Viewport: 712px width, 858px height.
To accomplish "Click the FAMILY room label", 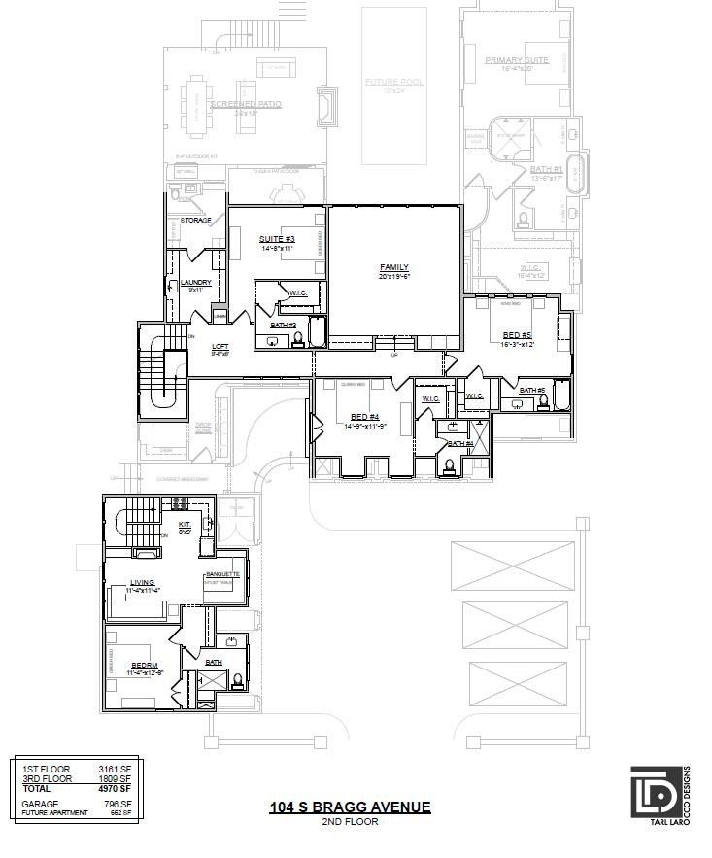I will point(393,267).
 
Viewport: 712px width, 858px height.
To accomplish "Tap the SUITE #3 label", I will point(277,239).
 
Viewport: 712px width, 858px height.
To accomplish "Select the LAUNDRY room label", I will point(196,284).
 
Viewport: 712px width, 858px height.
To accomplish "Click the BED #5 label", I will point(518,335).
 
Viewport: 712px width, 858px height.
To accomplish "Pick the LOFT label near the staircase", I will point(220,346).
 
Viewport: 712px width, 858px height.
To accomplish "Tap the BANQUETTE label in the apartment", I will point(222,574).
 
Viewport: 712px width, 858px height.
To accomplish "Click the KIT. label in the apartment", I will point(185,525).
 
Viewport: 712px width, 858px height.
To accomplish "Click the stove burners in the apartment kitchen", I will point(180,502).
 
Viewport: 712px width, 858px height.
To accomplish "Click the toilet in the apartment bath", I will point(237,680).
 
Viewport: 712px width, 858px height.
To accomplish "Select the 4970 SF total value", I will point(115,789).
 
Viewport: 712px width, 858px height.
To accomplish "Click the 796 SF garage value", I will point(117,805).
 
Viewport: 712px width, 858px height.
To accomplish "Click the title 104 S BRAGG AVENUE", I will point(350,807).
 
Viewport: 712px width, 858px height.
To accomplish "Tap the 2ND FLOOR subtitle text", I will point(350,822).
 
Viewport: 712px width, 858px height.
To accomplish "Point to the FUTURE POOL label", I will point(394,82).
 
